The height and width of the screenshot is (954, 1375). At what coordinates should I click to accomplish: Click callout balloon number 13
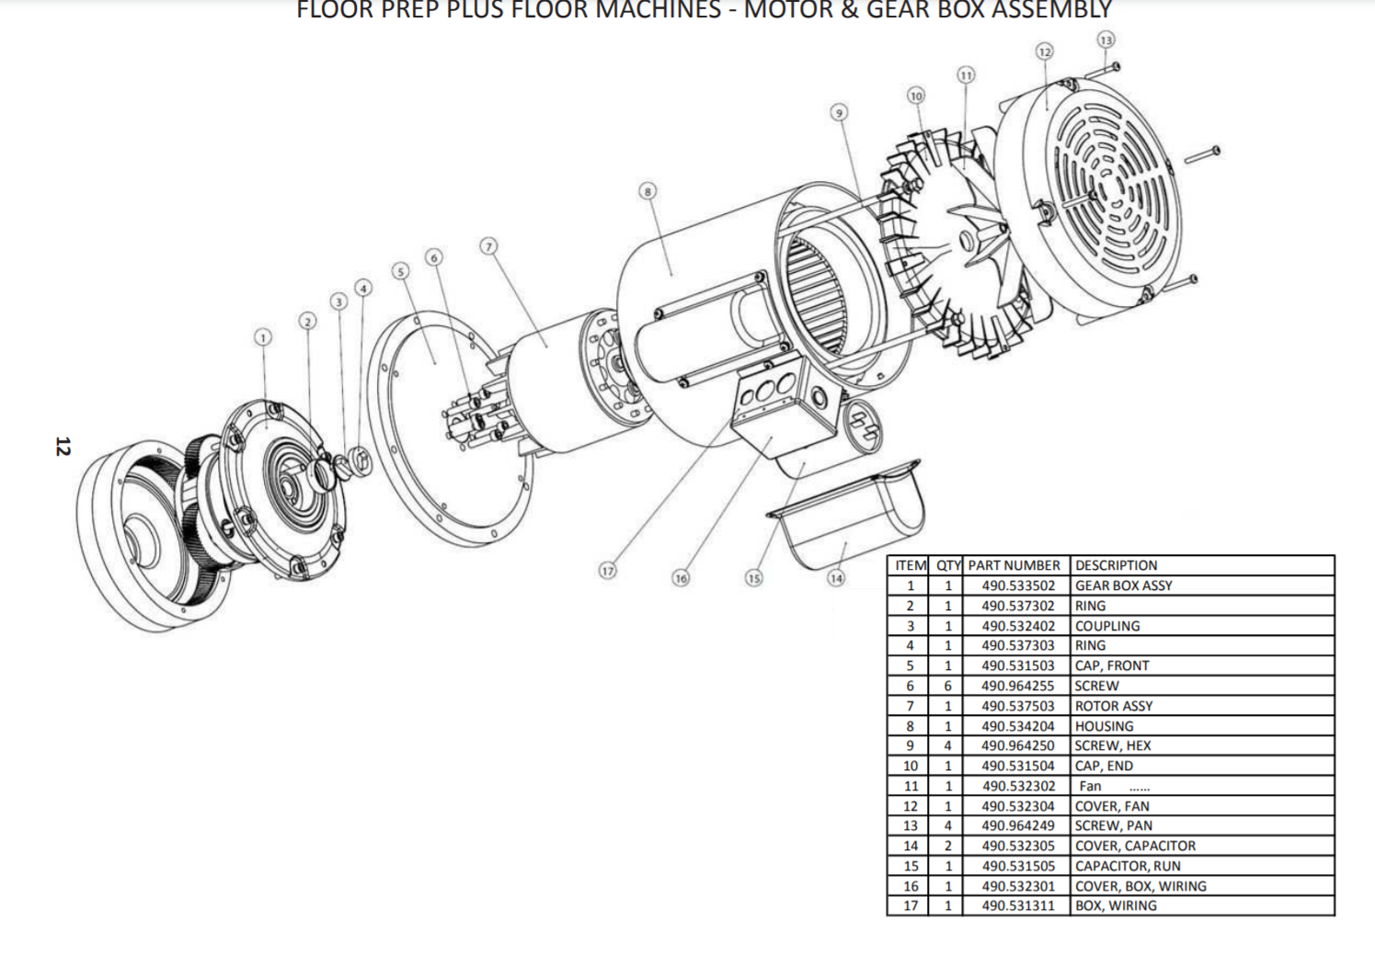(x=1106, y=40)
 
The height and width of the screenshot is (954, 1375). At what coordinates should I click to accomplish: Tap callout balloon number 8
(x=648, y=191)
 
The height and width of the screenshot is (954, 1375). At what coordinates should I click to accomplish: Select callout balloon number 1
(x=263, y=337)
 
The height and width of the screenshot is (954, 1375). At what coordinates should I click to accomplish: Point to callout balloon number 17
(x=607, y=571)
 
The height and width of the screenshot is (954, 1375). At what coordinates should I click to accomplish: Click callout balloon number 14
(x=835, y=578)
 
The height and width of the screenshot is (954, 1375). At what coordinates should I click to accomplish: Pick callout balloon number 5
(x=399, y=271)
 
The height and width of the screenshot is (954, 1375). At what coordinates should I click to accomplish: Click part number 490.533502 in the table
(x=1017, y=586)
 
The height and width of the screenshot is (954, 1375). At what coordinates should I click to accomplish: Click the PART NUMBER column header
(x=1014, y=565)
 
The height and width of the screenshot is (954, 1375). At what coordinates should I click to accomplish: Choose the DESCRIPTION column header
(x=1116, y=565)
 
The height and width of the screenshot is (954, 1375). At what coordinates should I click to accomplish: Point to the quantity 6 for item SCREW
(x=947, y=686)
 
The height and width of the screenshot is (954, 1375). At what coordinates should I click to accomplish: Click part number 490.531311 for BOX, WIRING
(x=1017, y=906)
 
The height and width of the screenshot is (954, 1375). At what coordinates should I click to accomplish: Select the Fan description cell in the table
(x=1091, y=786)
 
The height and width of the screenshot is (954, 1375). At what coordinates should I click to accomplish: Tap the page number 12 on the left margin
(x=63, y=447)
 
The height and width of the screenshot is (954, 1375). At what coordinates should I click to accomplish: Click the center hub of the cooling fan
(x=966, y=241)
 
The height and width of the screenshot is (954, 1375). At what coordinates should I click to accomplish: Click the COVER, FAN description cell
(x=1112, y=806)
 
